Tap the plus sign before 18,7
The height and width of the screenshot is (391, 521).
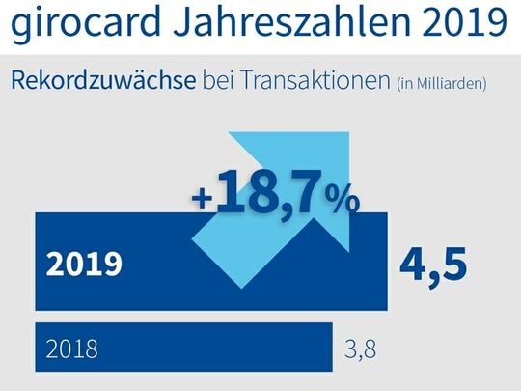click(x=202, y=198)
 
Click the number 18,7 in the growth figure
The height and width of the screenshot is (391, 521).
click(x=269, y=192)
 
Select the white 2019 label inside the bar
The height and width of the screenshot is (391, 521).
click(x=85, y=265)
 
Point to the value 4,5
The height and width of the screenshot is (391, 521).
click(x=434, y=264)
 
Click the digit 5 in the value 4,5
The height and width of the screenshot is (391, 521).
click(x=452, y=264)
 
